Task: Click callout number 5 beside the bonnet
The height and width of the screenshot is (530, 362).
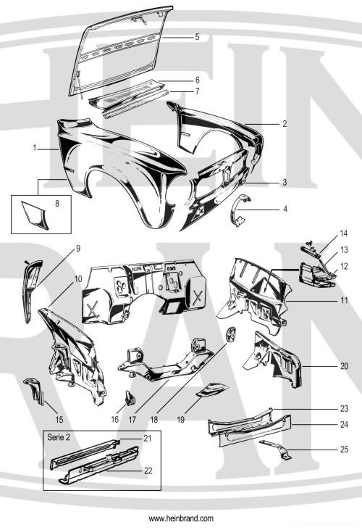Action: [197, 37]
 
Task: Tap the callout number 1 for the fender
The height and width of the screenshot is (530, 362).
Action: [35, 148]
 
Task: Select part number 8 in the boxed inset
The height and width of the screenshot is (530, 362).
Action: [57, 204]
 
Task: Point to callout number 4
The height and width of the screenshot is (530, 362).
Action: [285, 210]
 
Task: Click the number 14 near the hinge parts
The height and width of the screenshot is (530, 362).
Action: [344, 233]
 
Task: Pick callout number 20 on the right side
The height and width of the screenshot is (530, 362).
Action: [344, 366]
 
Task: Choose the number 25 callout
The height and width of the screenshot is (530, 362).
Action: [344, 450]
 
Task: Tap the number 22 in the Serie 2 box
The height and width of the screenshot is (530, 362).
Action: [148, 471]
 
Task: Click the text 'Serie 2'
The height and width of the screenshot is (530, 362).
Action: [59, 437]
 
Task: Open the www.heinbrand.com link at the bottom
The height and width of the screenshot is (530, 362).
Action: [181, 518]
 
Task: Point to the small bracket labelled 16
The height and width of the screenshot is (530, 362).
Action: [130, 398]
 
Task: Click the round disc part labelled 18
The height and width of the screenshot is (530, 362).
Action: [230, 334]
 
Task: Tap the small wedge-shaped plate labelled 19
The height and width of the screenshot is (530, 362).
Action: [213, 389]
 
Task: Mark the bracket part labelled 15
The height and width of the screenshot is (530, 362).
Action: [35, 390]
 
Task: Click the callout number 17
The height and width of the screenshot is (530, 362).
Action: [132, 420]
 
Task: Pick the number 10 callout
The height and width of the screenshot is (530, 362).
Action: [78, 279]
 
